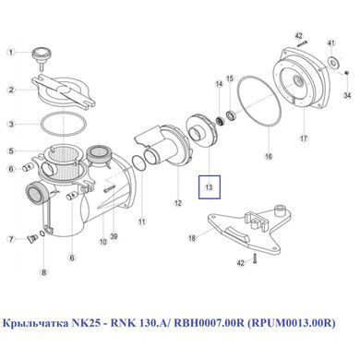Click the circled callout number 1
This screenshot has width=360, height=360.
pos(11,53)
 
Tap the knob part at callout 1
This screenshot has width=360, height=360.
pos(42,56)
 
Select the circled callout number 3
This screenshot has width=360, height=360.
pos(11,125)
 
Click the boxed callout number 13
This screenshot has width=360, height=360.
pos(210,187)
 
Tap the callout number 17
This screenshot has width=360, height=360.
pos(304,138)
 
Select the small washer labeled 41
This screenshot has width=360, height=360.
pos(333,62)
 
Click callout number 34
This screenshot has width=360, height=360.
pos(347,95)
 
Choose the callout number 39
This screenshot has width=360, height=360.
pos(114,236)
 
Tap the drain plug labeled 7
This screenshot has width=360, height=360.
pos(31,238)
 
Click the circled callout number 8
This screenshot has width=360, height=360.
pos(44,272)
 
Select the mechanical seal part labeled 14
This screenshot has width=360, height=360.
pos(221,121)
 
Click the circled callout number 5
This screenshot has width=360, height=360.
pos(11,151)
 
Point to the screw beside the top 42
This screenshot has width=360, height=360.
pos(302,43)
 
